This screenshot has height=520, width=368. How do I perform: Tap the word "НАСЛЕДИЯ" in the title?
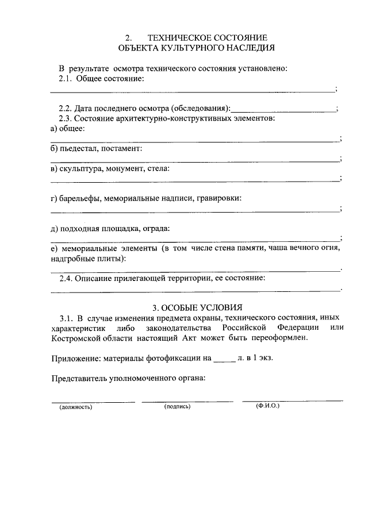pos(250,48)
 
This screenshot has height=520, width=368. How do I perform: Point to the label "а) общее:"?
pos(68,129)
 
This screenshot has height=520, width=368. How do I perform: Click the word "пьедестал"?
pos(80,149)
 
